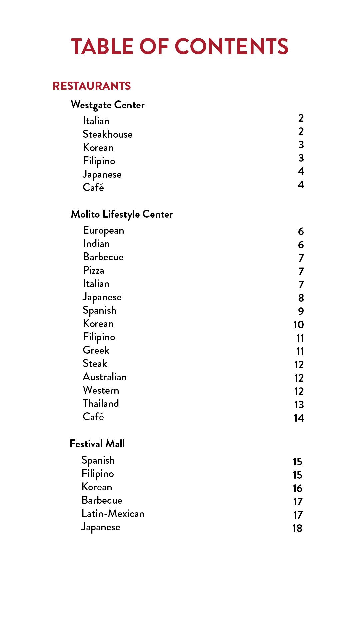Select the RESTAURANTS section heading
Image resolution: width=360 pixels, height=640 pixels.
click(92, 86)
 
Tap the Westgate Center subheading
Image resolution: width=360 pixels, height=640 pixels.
click(108, 105)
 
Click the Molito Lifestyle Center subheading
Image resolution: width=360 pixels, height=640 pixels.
click(122, 214)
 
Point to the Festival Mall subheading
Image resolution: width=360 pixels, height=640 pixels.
click(97, 444)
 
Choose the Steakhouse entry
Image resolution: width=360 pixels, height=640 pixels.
click(107, 134)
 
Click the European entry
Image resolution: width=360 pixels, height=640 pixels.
click(103, 230)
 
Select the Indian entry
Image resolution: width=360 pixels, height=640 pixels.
click(96, 244)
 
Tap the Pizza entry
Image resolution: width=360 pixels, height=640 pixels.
click(93, 270)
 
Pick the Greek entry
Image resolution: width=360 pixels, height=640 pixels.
click(96, 350)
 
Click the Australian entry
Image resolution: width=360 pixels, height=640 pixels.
click(105, 377)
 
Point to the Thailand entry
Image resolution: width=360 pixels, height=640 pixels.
click(101, 404)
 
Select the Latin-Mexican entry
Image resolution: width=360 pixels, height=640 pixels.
click(113, 514)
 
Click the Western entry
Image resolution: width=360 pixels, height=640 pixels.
click(101, 390)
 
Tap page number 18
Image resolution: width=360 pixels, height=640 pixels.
click(297, 528)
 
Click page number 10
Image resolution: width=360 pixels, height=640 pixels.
click(299, 325)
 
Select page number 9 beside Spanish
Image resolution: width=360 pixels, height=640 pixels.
click(301, 311)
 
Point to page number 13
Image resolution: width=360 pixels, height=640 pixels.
click(299, 405)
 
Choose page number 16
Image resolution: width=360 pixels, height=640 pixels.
click(297, 488)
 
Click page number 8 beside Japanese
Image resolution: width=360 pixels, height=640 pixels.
click(301, 298)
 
